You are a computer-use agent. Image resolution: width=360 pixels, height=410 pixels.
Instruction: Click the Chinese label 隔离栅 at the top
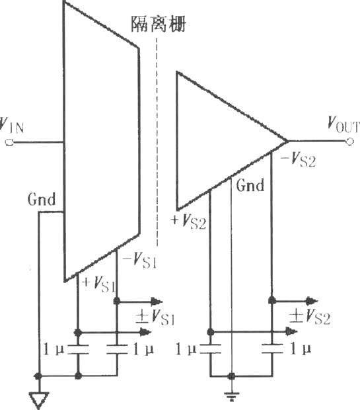tap(159, 24)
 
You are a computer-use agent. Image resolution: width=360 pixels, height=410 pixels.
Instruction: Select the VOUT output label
tap(343, 124)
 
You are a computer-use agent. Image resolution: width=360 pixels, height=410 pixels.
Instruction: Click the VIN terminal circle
tap(9, 142)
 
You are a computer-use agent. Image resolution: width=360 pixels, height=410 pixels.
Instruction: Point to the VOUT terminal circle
tap(349, 142)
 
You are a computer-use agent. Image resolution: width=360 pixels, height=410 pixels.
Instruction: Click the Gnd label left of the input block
tap(42, 199)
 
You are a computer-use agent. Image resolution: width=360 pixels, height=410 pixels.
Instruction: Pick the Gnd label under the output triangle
tap(250, 185)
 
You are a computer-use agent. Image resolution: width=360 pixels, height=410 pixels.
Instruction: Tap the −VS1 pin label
tap(140, 260)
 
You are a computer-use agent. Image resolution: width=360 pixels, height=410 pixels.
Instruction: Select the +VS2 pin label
tap(188, 222)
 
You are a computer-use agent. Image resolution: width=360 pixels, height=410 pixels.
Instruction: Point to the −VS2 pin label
tap(298, 159)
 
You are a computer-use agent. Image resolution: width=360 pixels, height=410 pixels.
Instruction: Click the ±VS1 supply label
tap(155, 317)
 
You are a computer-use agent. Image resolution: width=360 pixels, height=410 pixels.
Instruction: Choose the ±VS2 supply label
tap(310, 316)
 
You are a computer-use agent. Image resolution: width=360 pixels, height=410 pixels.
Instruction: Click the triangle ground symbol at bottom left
tap(39, 400)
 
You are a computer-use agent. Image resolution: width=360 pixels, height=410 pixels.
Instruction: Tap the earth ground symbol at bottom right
tap(231, 396)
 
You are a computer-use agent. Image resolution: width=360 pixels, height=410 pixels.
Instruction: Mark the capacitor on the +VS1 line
tap(78, 350)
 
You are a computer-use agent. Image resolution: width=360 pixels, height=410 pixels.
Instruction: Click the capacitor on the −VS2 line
tap(272, 349)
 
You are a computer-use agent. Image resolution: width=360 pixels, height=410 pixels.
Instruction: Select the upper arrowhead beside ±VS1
tap(157, 302)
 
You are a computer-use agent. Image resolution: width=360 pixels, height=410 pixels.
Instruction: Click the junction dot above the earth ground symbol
tap(231, 376)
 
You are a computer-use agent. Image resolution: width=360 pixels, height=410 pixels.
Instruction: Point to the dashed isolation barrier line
tap(157, 142)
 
